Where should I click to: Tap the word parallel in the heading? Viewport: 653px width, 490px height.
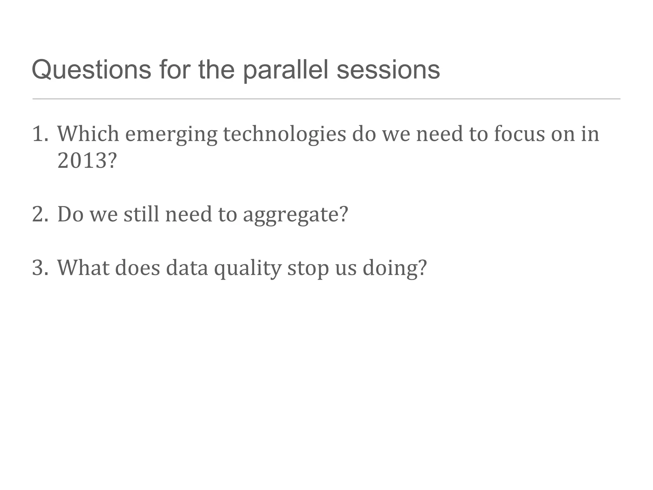click(285, 70)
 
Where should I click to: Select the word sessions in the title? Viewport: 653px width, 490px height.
click(388, 70)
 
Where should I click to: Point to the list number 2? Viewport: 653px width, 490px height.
click(40, 214)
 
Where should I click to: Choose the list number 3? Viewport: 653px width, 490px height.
click(40, 268)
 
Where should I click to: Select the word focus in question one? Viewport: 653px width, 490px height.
click(519, 134)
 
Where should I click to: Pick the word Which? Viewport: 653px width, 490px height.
click(88, 134)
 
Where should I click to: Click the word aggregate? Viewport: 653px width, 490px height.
click(295, 215)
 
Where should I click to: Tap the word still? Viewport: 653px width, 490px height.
click(141, 214)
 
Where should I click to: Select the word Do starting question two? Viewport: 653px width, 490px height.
click(70, 214)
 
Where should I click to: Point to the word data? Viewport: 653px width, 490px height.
click(187, 268)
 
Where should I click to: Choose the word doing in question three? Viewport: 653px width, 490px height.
click(394, 268)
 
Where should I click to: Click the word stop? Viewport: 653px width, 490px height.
click(308, 268)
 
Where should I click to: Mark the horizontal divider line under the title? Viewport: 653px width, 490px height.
click(326, 99)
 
